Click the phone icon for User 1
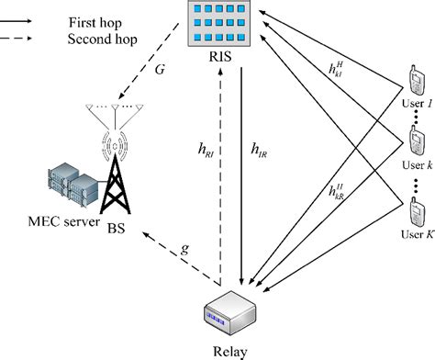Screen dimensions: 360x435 [414, 87]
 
